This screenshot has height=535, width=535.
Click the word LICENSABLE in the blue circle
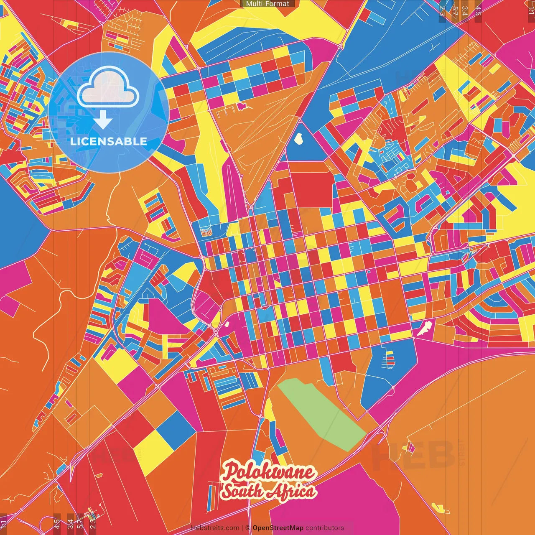pos(108,141)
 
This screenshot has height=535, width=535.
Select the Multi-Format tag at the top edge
pos(267,4)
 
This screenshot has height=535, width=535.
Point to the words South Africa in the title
pos(268,491)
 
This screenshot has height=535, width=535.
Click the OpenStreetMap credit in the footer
pos(278,528)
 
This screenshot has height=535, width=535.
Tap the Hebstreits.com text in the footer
pos(215,528)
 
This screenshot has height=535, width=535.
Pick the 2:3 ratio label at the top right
pos(442,9)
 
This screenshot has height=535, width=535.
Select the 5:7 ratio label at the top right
pos(455,9)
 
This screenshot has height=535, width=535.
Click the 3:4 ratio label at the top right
pos(465,9)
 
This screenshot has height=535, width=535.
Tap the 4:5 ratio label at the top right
pos(478,9)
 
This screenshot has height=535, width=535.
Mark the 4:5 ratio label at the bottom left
pos(56,522)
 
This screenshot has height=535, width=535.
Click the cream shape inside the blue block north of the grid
pos(299,138)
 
